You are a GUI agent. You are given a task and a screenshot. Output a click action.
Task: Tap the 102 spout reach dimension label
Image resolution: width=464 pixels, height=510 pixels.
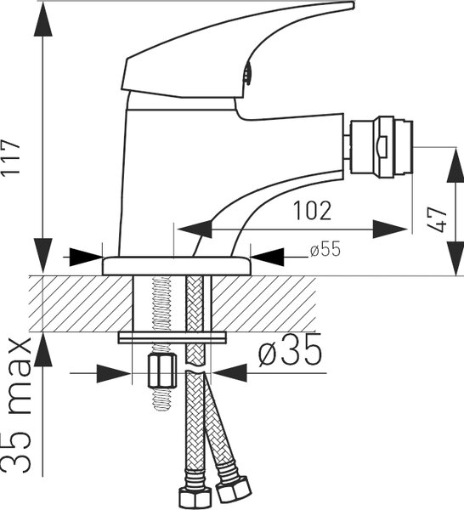click(x=312, y=211)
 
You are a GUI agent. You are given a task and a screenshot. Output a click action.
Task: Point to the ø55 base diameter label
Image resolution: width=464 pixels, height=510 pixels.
click(x=325, y=249)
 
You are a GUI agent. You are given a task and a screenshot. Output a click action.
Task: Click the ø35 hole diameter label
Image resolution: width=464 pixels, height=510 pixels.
click(x=290, y=351)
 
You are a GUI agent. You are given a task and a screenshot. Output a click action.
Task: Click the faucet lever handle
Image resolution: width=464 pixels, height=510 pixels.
click(x=237, y=50)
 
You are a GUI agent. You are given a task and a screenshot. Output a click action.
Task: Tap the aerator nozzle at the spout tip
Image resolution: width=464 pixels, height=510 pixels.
click(x=381, y=147)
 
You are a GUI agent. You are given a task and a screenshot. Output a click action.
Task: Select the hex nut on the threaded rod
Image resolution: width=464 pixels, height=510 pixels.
click(x=162, y=370)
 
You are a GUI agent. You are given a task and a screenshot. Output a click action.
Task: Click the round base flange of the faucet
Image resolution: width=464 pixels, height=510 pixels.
click(x=177, y=266)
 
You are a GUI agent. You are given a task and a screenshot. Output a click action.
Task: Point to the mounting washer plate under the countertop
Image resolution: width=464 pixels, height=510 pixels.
click(x=173, y=337)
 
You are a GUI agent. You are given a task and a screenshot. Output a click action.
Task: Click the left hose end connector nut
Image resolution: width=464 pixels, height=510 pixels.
click(x=195, y=497)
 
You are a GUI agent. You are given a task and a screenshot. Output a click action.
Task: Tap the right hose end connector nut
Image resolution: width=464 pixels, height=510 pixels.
click(x=234, y=490)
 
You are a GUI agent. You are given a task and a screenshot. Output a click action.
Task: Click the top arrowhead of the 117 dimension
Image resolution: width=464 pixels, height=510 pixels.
click(x=43, y=20)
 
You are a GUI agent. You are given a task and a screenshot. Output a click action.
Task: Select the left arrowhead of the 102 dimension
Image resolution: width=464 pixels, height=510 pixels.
click(x=195, y=229)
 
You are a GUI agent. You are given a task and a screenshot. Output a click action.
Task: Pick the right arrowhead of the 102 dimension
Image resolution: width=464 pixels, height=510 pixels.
click(x=390, y=229)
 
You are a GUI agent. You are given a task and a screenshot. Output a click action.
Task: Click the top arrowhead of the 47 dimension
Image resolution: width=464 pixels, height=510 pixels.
click(x=455, y=164)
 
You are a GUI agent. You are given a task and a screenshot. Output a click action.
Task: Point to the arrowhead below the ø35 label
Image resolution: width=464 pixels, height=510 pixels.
click(x=229, y=373)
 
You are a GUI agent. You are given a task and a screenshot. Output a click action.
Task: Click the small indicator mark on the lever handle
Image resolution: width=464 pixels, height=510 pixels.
click(x=248, y=73)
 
